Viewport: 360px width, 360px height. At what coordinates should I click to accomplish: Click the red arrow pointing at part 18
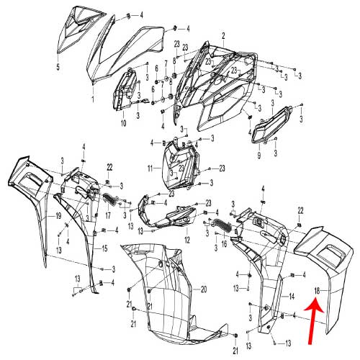[313, 320]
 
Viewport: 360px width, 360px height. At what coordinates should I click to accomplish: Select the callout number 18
[317, 291]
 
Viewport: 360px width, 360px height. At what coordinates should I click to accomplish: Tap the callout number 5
[58, 67]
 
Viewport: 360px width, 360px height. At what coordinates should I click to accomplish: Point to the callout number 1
[93, 99]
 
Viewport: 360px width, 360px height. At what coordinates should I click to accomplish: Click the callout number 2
[223, 36]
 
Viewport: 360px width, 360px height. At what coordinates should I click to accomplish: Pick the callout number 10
[123, 123]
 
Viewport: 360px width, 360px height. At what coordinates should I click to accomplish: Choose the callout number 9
[259, 156]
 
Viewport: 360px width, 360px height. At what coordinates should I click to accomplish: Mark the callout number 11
[150, 168]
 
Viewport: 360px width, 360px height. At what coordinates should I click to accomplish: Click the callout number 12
[187, 240]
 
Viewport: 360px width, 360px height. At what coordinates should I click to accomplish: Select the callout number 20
[204, 289]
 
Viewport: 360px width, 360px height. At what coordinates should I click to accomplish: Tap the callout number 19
[58, 216]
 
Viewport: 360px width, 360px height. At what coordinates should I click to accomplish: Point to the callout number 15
[104, 248]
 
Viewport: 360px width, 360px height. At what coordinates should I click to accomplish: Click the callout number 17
[108, 215]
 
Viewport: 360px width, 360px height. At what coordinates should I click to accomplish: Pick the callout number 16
[224, 244]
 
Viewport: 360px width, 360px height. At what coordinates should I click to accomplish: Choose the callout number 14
[292, 297]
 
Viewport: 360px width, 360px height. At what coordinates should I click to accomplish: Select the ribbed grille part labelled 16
[222, 226]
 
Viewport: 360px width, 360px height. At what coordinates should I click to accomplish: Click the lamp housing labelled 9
[271, 125]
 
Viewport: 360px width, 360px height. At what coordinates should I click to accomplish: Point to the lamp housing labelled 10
[125, 90]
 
